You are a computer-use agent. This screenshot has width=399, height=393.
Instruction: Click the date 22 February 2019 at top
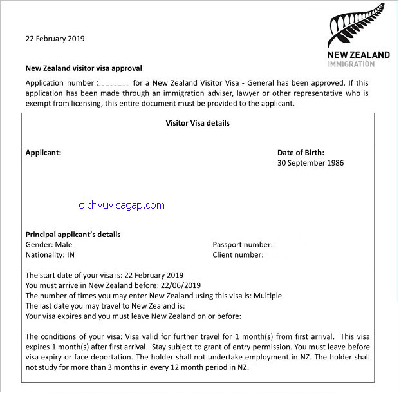click(x=55, y=38)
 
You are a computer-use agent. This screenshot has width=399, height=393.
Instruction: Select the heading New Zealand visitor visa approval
click(x=84, y=68)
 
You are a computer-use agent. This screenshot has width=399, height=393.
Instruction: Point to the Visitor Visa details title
click(x=198, y=122)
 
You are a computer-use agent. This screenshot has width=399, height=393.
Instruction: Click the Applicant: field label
click(x=43, y=153)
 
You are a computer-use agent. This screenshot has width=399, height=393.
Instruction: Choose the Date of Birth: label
click(x=301, y=153)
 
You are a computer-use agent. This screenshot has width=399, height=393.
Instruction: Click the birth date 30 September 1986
click(x=310, y=163)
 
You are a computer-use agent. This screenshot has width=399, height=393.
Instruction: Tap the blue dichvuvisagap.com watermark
click(x=121, y=206)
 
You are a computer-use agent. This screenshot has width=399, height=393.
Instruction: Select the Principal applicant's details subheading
click(x=73, y=235)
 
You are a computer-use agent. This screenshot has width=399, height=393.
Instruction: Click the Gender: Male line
click(x=48, y=245)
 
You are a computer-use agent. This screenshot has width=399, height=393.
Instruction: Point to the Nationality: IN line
click(x=53, y=255)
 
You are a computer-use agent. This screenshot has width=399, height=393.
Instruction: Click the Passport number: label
click(x=242, y=245)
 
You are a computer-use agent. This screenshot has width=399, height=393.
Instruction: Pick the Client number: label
click(x=237, y=255)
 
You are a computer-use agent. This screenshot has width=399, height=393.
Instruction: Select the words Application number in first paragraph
click(x=59, y=84)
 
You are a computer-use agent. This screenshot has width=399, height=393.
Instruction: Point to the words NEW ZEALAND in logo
click(x=358, y=55)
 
